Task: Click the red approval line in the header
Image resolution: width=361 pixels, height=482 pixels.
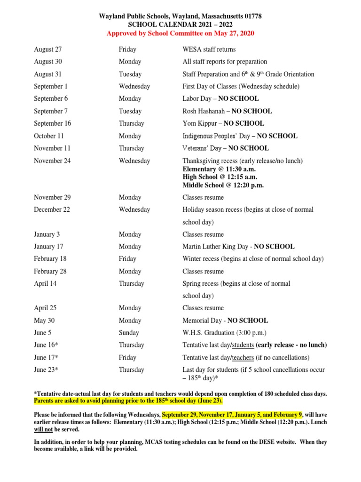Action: pyautogui.click(x=180, y=33)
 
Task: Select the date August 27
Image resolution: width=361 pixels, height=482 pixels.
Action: pyautogui.click(x=47, y=49)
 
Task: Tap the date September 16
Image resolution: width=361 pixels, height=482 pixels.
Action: pyautogui.click(x=52, y=123)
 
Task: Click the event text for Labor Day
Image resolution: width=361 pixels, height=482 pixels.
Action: pyautogui.click(x=220, y=99)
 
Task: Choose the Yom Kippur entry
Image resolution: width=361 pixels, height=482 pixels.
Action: pyautogui.click(x=223, y=123)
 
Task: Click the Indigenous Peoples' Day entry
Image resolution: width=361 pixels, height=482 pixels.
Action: pyautogui.click(x=240, y=136)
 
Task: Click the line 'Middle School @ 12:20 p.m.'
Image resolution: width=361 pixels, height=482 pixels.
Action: pyautogui.click(x=223, y=185)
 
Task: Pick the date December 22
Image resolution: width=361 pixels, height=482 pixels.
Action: pyautogui.click(x=51, y=209)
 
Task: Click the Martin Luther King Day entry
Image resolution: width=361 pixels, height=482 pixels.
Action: pyautogui.click(x=238, y=247)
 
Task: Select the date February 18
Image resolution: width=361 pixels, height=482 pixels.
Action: pyautogui.click(x=50, y=259)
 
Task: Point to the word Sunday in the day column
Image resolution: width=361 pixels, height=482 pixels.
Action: pyautogui.click(x=129, y=333)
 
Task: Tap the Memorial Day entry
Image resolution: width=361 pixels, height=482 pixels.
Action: pyautogui.click(x=225, y=321)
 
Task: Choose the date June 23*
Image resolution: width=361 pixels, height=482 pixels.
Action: pyautogui.click(x=46, y=370)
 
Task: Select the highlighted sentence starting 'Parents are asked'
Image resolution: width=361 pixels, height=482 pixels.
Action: pyautogui.click(x=128, y=401)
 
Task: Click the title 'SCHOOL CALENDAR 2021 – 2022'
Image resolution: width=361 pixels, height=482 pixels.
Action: pyautogui.click(x=180, y=24)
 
